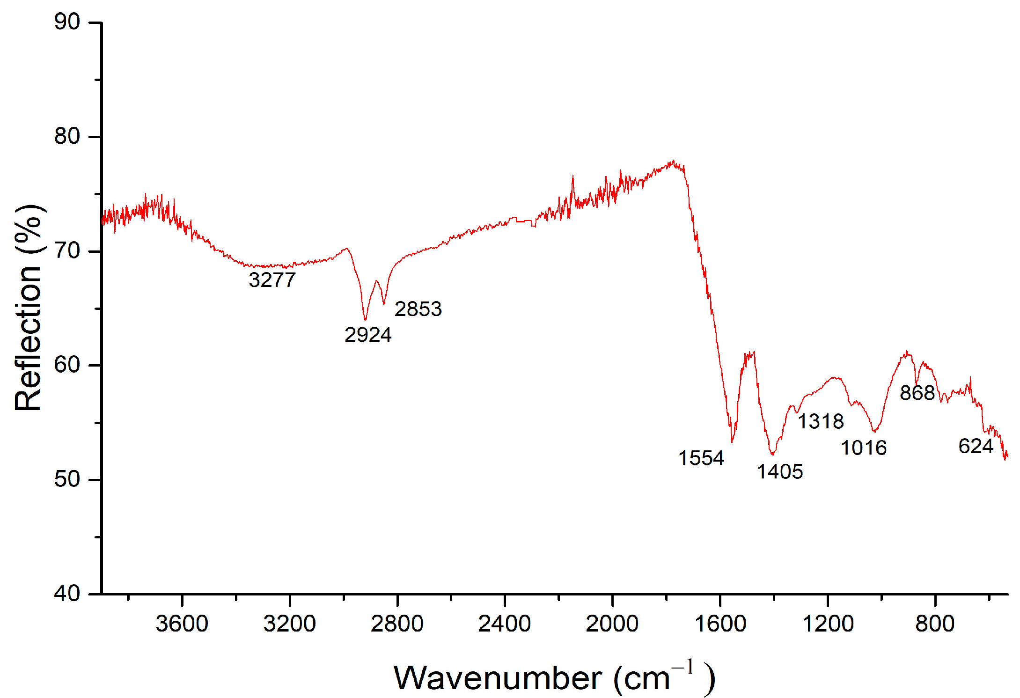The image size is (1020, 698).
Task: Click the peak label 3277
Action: [x=272, y=280]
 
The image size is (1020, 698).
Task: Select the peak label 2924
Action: [x=368, y=335]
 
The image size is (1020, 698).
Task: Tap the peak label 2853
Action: [x=418, y=309]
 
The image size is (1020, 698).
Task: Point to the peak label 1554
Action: [x=701, y=458]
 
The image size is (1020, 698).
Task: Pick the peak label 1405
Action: [x=780, y=471]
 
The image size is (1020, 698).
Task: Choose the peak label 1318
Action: [x=821, y=421]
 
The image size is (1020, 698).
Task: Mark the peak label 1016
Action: [x=864, y=448]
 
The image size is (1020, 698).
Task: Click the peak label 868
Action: [x=917, y=393]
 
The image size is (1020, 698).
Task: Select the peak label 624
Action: [x=976, y=446]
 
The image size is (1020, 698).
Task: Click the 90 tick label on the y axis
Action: [x=67, y=22]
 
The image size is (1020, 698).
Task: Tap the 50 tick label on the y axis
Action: [x=67, y=479]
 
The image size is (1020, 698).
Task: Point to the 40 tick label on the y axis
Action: [x=67, y=594]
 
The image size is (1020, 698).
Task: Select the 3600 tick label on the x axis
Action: [x=182, y=624]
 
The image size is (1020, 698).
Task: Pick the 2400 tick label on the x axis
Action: [x=504, y=624]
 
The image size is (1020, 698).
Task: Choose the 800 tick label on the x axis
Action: [x=935, y=624]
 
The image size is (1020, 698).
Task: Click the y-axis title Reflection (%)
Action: [x=29, y=308]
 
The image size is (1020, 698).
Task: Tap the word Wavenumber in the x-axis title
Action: [x=498, y=678]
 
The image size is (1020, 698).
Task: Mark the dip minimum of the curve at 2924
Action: [x=365, y=320]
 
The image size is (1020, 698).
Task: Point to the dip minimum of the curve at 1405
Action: [x=772, y=455]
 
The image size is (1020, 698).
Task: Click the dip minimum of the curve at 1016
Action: [x=874, y=431]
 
